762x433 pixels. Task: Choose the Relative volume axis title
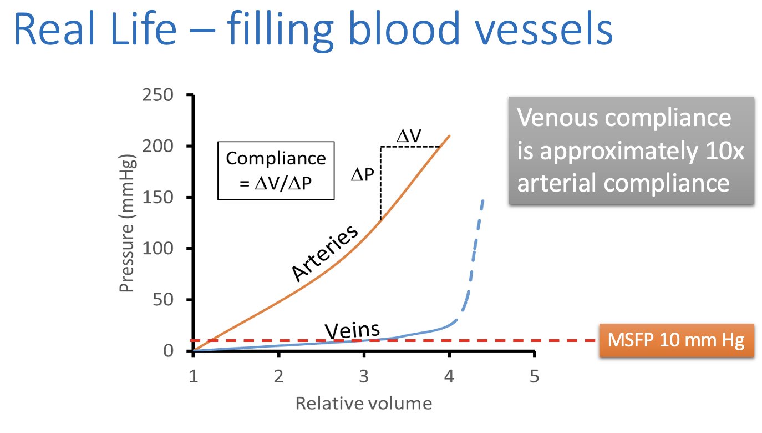363,403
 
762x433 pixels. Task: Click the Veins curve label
352,330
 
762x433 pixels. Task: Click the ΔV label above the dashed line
409,135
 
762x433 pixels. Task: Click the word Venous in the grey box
560,118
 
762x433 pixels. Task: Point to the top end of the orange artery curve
449,135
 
